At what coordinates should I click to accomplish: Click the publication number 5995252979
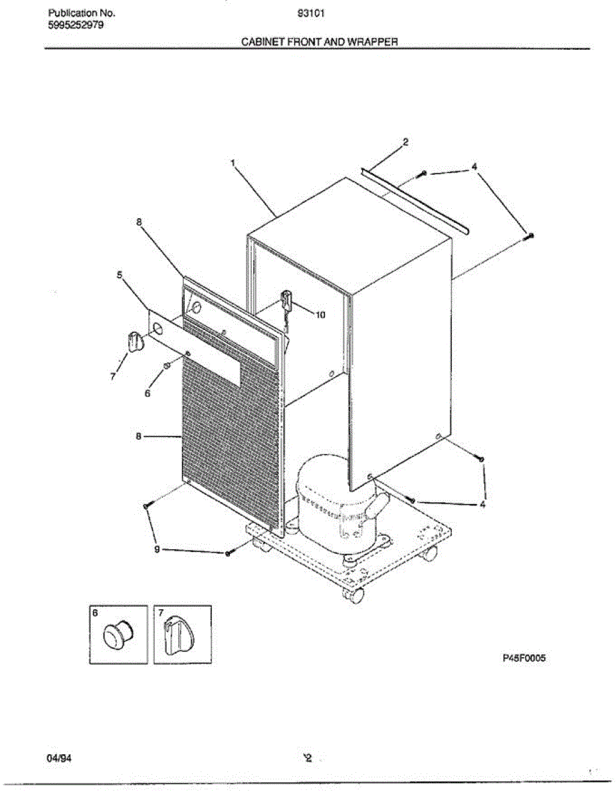76,26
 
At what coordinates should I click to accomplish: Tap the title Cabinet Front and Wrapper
319,41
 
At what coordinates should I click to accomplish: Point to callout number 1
233,162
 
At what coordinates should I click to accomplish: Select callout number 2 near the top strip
405,142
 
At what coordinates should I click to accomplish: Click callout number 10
320,315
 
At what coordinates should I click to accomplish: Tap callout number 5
120,274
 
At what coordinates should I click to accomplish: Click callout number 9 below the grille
157,549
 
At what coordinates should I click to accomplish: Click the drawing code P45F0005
524,658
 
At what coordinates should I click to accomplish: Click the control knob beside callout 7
135,340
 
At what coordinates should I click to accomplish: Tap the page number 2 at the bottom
308,757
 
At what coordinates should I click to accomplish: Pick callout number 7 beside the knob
113,377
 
